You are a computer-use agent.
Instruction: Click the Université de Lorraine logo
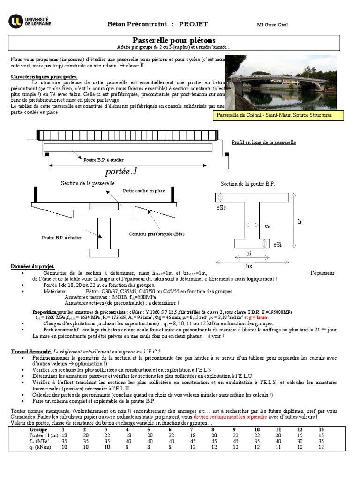(30, 21)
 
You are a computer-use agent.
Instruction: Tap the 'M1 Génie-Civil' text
(273, 25)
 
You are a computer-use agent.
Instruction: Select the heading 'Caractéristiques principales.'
(44, 76)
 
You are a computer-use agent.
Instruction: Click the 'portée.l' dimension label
(122, 172)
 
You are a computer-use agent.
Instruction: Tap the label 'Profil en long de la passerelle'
(264, 142)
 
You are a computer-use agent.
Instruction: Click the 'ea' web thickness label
(268, 226)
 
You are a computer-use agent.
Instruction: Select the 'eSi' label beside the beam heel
(278, 244)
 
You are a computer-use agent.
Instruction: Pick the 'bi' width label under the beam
(249, 254)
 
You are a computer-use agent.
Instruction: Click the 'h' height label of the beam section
(300, 221)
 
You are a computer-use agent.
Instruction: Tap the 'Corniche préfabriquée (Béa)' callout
(157, 234)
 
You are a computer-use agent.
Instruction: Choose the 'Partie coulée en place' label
(144, 191)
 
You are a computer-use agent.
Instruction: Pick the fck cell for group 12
(300, 441)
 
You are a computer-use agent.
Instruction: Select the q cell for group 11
(278, 447)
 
